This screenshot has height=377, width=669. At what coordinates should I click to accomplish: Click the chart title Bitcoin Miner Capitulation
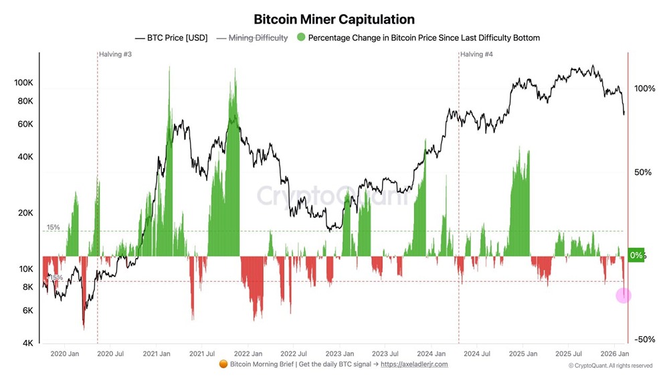(334, 19)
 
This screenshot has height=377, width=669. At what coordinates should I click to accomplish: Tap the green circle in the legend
(300, 38)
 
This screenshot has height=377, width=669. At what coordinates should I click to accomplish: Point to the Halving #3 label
(115, 54)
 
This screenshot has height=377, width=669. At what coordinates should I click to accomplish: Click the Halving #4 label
(477, 54)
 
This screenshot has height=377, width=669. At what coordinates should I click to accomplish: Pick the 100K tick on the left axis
(23, 83)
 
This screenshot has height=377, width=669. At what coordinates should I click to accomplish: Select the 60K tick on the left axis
(25, 125)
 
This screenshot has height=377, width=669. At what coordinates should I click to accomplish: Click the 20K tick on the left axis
(25, 213)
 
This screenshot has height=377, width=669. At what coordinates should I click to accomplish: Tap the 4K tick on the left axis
(27, 343)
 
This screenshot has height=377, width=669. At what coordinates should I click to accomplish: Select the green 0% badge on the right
(636, 255)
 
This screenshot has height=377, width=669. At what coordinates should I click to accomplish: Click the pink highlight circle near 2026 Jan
(623, 295)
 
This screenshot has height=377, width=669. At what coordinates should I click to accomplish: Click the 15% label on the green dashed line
(54, 228)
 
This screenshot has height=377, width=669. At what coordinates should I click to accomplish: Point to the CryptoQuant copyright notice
(610, 366)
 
